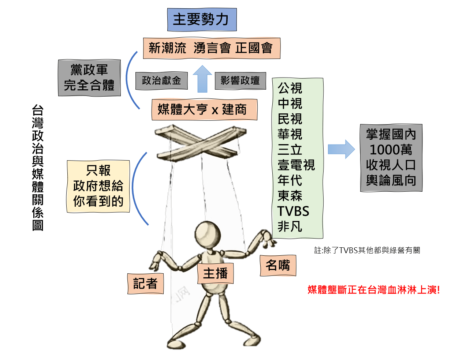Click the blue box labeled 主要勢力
tap(202, 20)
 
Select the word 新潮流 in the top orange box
tap(167, 48)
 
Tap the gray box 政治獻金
tap(161, 80)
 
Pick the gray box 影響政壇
tap(240, 80)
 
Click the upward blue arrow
tap(202, 79)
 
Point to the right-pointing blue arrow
tap(341, 149)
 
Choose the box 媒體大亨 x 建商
tap(205, 109)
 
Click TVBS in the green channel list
tap(293, 211)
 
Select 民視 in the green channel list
tap(290, 119)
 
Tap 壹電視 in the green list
tap(296, 165)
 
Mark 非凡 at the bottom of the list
tap(290, 226)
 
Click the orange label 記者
tap(145, 284)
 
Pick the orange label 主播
tap(216, 273)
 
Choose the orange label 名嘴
tap(278, 266)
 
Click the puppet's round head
tap(208, 235)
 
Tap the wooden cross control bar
tap(200, 143)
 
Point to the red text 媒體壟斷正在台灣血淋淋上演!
tap(374, 290)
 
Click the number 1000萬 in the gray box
tap(391, 150)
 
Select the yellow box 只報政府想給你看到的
tap(98, 186)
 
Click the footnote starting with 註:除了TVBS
tap(367, 250)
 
